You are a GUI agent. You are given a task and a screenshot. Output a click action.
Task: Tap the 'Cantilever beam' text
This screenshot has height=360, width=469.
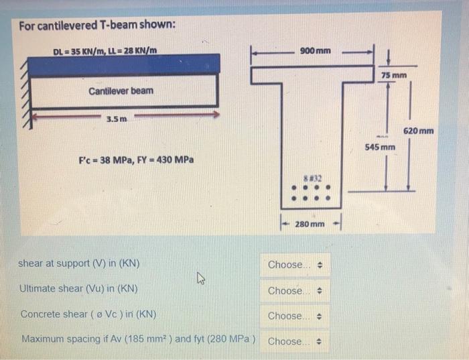pos(121,91)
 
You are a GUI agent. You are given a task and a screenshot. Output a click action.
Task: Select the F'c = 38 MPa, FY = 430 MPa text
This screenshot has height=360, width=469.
pos(136,160)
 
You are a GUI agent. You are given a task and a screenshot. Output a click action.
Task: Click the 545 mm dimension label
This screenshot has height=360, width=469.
pos(380,145)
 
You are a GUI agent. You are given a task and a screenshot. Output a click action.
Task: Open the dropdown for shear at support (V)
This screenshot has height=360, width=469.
pos(295,265)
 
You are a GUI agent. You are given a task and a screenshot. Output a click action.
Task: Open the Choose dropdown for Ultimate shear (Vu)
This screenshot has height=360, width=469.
pos(295,291)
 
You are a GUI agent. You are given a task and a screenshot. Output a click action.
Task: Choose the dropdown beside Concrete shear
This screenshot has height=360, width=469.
pos(295,316)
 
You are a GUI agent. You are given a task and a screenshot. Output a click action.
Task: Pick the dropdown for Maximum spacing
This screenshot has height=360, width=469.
pos(295,341)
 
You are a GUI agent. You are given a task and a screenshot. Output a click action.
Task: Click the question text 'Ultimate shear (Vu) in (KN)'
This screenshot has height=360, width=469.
pos(79,290)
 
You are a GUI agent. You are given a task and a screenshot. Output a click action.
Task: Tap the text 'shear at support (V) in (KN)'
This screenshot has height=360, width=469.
pos(79,264)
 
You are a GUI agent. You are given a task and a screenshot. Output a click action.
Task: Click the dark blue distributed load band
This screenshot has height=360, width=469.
pos(124,65)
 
